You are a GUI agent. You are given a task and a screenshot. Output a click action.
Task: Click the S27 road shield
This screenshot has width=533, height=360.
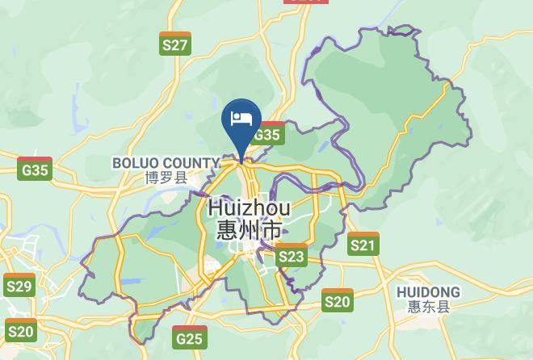(175, 44)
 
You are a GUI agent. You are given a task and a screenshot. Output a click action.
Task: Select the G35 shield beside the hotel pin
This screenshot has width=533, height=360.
(266, 133)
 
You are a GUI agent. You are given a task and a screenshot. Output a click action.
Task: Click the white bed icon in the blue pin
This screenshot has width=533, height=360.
(241, 119)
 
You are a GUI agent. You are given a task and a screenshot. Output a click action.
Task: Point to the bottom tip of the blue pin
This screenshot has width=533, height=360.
(241, 161)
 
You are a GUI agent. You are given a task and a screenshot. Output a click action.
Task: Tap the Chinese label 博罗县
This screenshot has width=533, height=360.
(166, 178)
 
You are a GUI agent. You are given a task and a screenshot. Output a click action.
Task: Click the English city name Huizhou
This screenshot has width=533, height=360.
(249, 207)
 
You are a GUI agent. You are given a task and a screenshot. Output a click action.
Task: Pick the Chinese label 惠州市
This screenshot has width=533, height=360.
(249, 230)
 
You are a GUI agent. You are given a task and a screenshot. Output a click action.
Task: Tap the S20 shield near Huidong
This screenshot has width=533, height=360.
(338, 300)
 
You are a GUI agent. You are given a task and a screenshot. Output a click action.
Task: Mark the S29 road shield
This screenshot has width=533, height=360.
(19, 285)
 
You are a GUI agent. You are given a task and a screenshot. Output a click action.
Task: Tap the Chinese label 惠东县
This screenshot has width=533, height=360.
(429, 307)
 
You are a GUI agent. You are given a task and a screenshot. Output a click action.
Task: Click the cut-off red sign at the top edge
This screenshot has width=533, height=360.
(306, 2)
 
